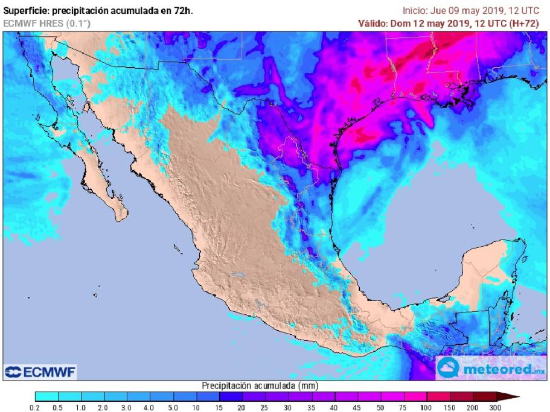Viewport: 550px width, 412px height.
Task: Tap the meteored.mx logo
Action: click(492, 367)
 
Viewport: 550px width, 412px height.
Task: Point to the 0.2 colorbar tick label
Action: click(35, 408)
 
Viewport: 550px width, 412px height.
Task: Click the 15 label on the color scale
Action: click(219, 408)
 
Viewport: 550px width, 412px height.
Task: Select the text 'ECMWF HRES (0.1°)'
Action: click(39, 23)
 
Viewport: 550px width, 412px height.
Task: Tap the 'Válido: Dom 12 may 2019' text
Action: click(406, 23)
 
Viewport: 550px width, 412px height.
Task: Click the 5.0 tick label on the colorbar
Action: click(173, 408)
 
